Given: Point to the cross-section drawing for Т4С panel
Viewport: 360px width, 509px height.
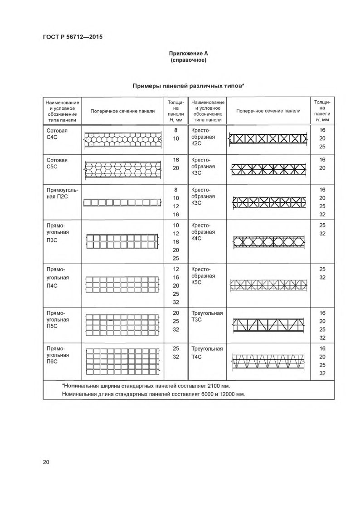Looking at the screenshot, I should pos(268,362).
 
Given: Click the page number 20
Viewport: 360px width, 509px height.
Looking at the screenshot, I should pos(46,462).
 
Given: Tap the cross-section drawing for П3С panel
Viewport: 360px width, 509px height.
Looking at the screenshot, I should pos(123,241).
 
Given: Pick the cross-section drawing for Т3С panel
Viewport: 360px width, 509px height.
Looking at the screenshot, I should pos(268,324).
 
